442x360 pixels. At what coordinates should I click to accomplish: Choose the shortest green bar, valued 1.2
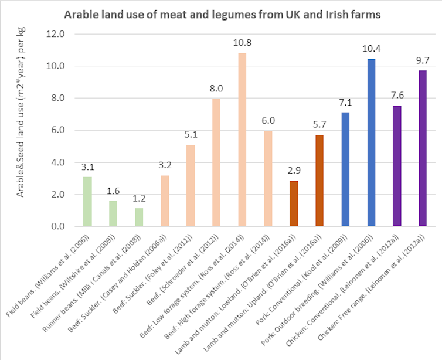[x=139, y=217]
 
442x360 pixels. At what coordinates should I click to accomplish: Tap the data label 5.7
[x=319, y=125]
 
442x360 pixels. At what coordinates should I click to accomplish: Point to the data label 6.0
[x=268, y=120]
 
